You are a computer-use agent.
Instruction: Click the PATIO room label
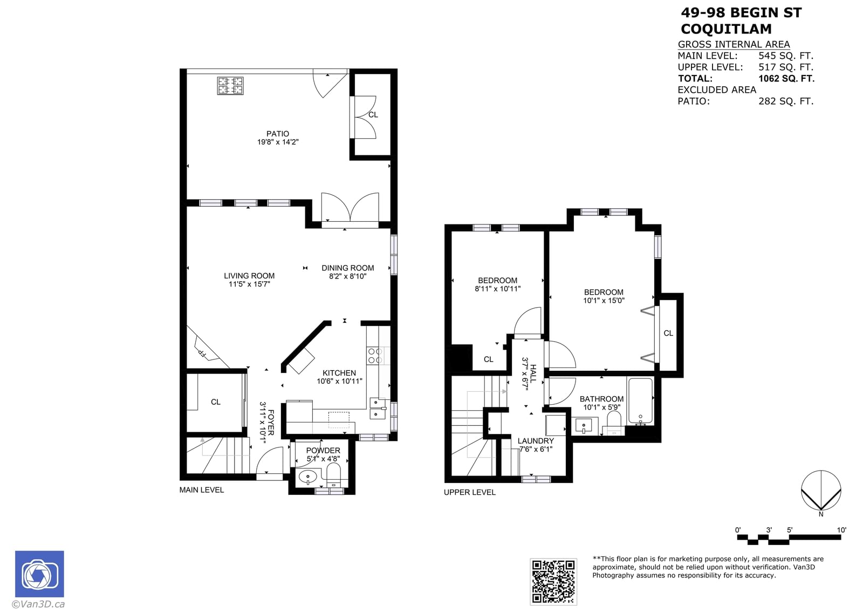point(277,134)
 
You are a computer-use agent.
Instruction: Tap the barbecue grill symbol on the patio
point(230,86)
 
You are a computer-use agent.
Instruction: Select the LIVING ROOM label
point(249,276)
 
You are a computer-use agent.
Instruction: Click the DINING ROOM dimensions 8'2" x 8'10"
point(347,276)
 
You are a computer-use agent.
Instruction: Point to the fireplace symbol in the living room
point(204,350)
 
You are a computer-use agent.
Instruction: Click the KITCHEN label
point(339,373)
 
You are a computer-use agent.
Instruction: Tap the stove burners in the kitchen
point(375,356)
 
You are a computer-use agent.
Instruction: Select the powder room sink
point(308,477)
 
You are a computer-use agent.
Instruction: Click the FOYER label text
point(271,422)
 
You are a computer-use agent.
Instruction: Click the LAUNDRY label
point(536,441)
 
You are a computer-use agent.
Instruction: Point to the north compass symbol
point(821,491)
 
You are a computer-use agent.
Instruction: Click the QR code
point(553,581)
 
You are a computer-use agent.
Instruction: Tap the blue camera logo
point(39,574)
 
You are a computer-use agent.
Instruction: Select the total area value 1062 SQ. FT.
point(786,78)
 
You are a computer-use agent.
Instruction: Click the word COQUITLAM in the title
point(725,29)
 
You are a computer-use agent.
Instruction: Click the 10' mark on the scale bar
point(841,530)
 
